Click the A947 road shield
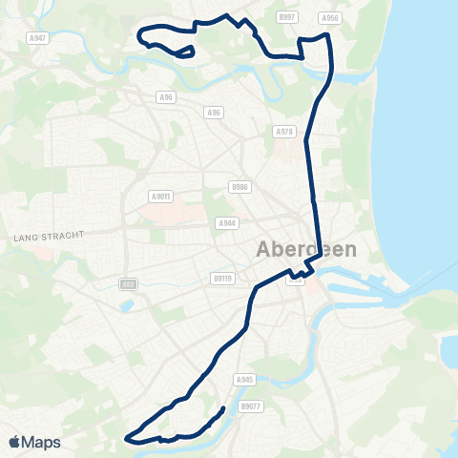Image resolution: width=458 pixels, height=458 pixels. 37,37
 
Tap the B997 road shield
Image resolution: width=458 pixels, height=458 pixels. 286,17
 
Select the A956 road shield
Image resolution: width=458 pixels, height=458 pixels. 330,17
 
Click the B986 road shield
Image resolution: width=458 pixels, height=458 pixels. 239,187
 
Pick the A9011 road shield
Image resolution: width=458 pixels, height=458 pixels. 160,197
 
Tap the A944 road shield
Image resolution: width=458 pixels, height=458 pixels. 227,222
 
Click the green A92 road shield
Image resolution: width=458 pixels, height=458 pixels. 127,284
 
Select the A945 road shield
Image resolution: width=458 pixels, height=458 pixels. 243,379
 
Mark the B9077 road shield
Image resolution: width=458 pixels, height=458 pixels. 250,406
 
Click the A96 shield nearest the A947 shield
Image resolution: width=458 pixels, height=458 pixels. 167,96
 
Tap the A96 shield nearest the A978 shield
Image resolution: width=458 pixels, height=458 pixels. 214,113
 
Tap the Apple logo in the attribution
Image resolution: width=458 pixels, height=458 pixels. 13,442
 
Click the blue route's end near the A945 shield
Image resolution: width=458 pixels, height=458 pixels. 223,408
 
